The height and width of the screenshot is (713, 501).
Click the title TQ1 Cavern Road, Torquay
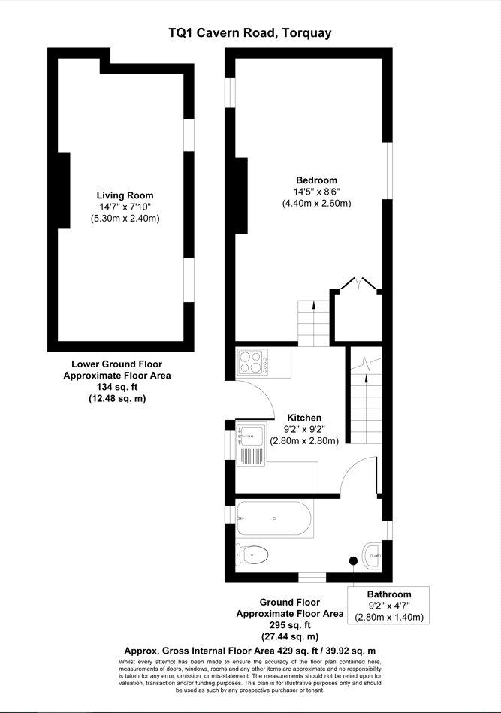(250, 33)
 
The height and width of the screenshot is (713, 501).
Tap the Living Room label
(125, 195)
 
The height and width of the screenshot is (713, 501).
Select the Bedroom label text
(316, 180)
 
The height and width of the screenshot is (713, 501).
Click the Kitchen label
(304, 418)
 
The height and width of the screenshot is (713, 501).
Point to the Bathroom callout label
(389, 594)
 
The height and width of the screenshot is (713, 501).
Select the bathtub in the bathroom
(274, 518)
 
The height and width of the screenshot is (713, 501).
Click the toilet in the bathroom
(252, 554)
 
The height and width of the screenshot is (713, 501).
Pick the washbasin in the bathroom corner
(373, 555)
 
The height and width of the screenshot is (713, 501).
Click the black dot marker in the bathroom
(353, 560)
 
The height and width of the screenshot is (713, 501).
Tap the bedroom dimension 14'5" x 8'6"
(317, 192)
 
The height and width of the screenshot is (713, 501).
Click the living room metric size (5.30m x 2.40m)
(125, 219)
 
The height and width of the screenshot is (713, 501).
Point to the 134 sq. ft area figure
(117, 387)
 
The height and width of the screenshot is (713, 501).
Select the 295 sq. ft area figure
(290, 625)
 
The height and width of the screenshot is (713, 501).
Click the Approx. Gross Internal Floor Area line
(250, 651)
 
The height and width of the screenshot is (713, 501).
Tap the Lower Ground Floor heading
(117, 364)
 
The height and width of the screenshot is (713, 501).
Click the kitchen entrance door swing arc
(263, 392)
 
